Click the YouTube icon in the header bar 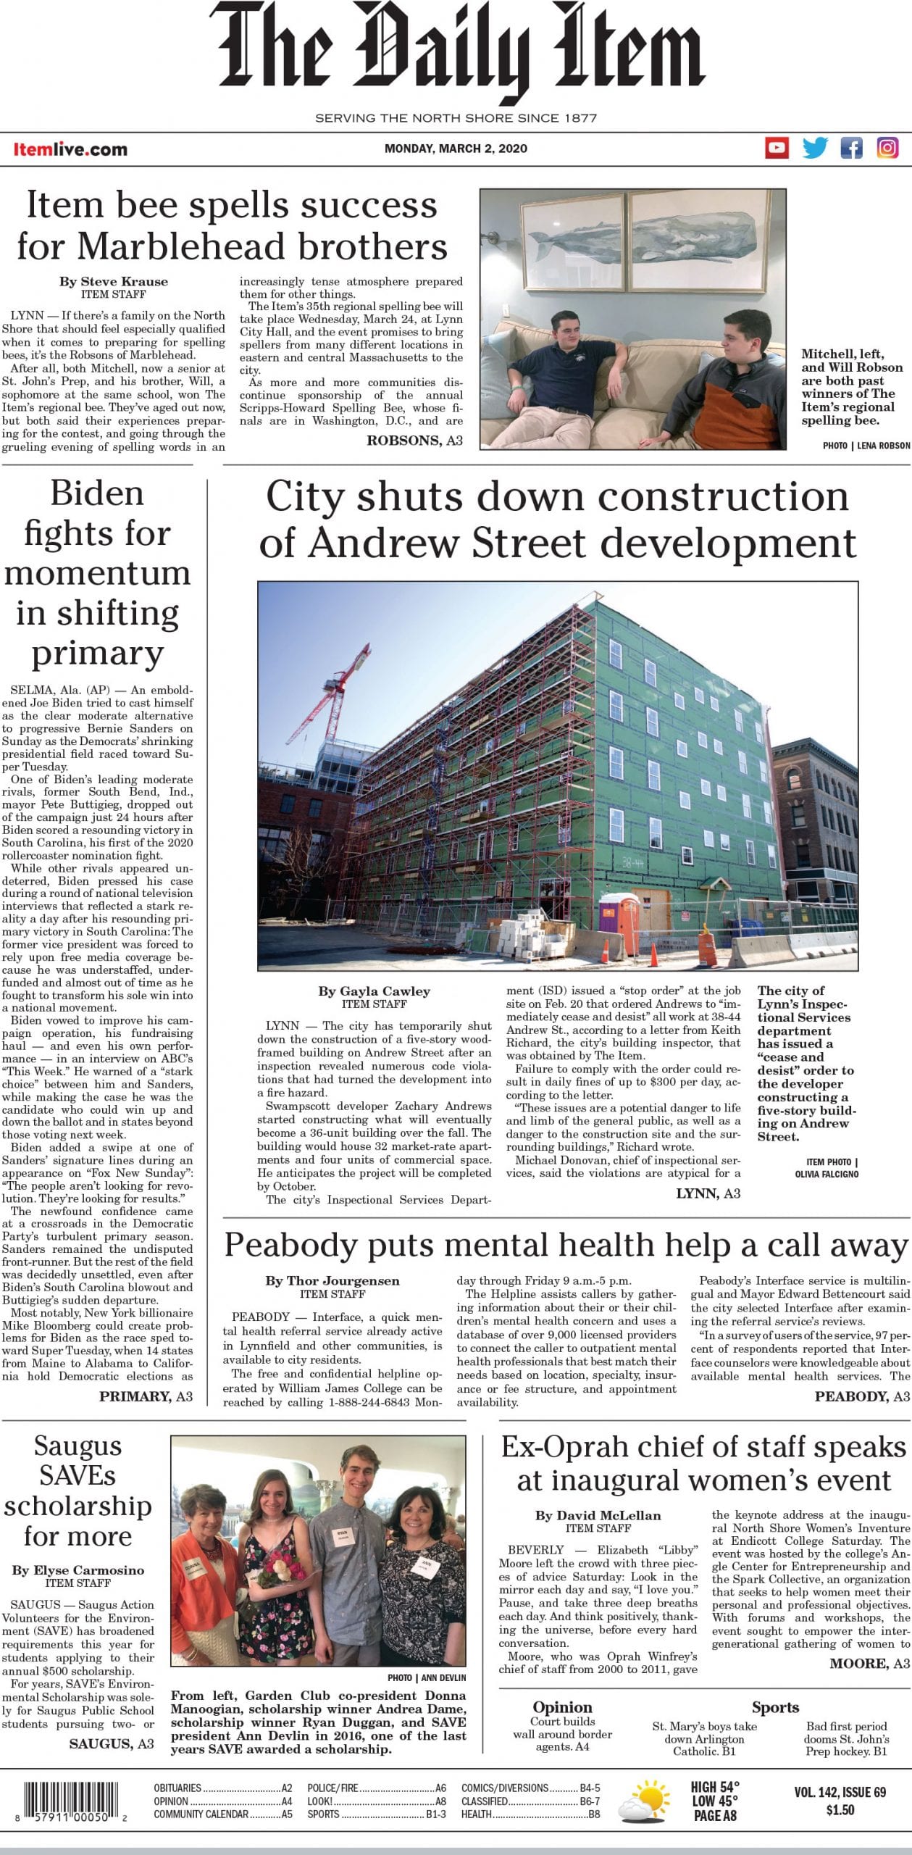[777, 148]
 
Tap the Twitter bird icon [814, 148]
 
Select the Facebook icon [851, 148]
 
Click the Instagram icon [888, 148]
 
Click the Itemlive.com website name [70, 149]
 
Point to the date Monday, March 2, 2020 [456, 149]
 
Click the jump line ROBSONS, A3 [414, 440]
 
